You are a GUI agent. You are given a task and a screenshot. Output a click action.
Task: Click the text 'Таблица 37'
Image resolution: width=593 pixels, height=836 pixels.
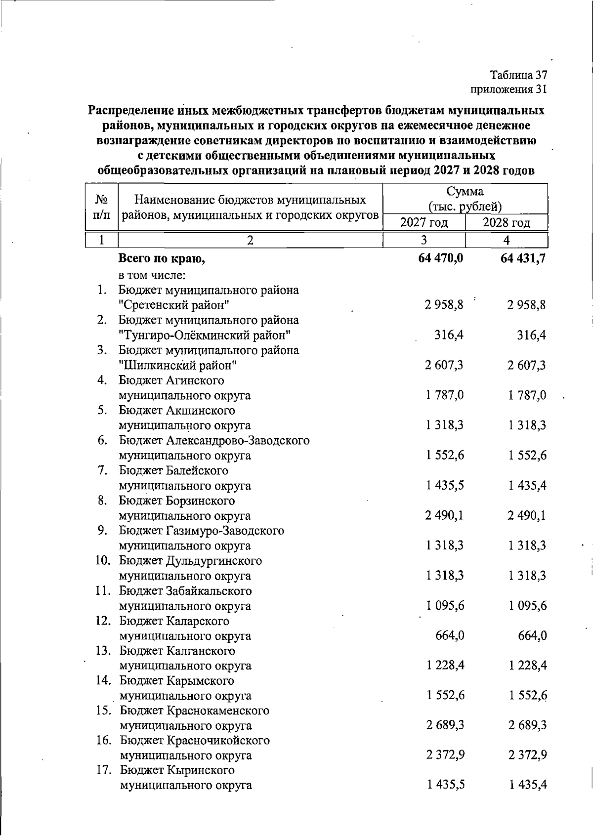click(518, 75)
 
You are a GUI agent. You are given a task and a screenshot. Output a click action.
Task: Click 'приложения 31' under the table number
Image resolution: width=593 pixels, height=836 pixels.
click(509, 89)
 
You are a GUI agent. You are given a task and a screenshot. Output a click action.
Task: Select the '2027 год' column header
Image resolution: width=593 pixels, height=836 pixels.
click(424, 223)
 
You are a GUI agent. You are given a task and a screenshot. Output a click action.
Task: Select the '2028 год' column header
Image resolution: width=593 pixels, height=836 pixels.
click(506, 223)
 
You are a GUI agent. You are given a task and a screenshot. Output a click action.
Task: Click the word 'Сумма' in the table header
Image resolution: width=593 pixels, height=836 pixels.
click(465, 192)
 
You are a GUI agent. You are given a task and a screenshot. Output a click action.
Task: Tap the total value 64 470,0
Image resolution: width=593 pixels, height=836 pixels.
click(440, 258)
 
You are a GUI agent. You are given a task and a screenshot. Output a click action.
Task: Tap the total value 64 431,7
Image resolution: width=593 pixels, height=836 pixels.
click(522, 258)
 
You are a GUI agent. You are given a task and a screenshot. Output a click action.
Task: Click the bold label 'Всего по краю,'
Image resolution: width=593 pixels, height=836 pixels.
click(162, 258)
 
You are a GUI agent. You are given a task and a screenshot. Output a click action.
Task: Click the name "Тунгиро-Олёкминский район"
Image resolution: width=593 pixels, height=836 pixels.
click(204, 335)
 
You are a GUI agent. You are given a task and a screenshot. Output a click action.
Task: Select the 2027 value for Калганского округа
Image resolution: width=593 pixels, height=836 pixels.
click(445, 666)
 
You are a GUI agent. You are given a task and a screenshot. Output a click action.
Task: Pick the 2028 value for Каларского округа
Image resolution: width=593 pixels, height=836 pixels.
click(532, 635)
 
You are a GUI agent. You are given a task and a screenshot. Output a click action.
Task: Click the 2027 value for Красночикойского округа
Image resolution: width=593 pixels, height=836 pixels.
click(445, 755)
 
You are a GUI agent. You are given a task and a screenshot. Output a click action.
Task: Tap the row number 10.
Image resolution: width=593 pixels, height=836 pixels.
click(103, 561)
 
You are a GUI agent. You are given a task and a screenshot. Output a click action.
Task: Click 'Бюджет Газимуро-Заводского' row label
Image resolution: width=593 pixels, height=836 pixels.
click(201, 531)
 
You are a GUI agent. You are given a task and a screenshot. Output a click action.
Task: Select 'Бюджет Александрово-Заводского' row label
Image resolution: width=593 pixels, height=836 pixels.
click(214, 440)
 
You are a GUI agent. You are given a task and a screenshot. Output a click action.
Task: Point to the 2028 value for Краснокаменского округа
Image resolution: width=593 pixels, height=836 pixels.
click(527, 725)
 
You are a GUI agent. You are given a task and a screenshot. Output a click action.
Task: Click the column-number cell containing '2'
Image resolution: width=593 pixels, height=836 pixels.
click(250, 240)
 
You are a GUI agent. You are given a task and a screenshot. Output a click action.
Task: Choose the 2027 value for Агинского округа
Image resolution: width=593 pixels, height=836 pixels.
click(445, 395)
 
